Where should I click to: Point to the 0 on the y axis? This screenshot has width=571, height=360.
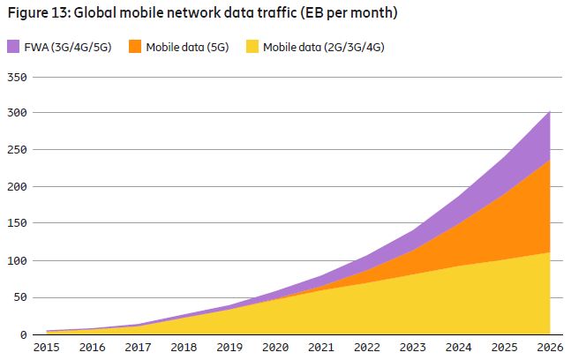coord(25,334)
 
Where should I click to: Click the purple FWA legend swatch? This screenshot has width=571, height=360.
coord(14,47)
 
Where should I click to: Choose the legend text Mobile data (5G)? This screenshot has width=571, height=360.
coord(186,47)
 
